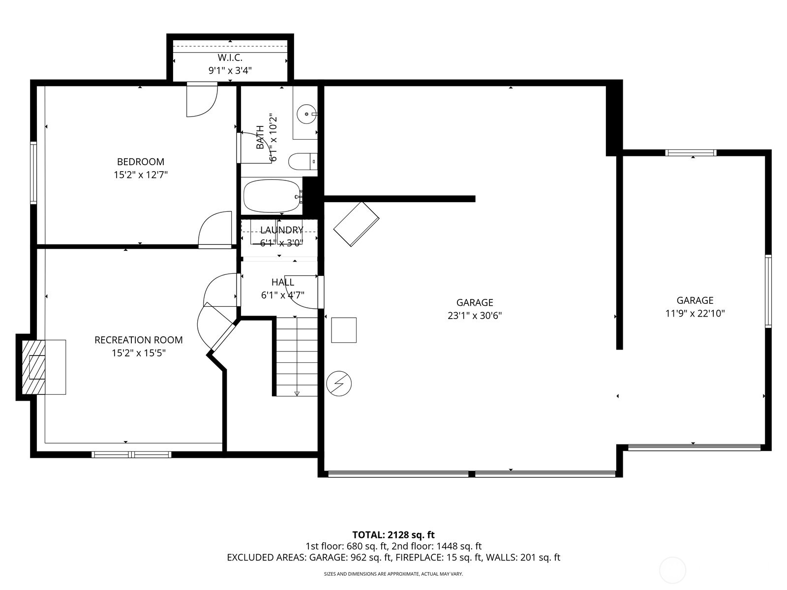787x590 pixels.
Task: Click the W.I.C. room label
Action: pyautogui.click(x=230, y=58)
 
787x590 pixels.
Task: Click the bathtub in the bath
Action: pyautogui.click(x=272, y=196)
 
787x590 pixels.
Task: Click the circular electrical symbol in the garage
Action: pyautogui.click(x=339, y=383)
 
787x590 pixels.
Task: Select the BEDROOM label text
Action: pyautogui.click(x=141, y=162)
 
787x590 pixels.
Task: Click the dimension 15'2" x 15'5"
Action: pyautogui.click(x=139, y=353)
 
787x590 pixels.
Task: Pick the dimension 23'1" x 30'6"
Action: pyautogui.click(x=475, y=316)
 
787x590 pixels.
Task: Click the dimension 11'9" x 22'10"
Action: pyautogui.click(x=695, y=313)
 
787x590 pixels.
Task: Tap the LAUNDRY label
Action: pyautogui.click(x=281, y=230)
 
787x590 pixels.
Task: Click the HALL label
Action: pyautogui.click(x=283, y=282)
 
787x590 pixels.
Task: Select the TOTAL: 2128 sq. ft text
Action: pyautogui.click(x=393, y=534)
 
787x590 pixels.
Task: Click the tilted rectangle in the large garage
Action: pyautogui.click(x=356, y=224)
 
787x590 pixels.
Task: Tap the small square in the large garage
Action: pyautogui.click(x=344, y=330)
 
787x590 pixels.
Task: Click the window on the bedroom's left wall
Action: pyautogui.click(x=33, y=173)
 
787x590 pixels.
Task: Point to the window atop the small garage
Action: pyautogui.click(x=691, y=153)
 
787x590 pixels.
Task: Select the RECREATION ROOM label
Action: pyautogui.click(x=139, y=340)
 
